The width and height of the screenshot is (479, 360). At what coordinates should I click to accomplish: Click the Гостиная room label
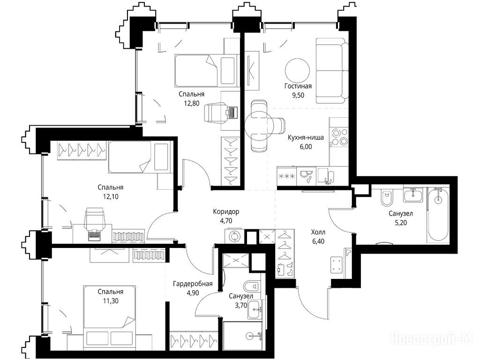pyautogui.click(x=298, y=86)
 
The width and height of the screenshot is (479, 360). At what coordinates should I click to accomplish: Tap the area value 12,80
pyautogui.click(x=192, y=103)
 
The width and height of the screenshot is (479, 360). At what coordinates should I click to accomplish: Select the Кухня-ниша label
pyautogui.click(x=306, y=137)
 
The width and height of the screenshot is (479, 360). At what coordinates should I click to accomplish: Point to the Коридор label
pyautogui.click(x=226, y=211)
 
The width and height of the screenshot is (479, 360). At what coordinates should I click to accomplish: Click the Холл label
pyautogui.click(x=318, y=232)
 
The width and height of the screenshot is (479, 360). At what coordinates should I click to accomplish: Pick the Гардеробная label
pyautogui.click(x=193, y=284)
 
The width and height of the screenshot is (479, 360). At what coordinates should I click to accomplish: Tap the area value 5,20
pyautogui.click(x=401, y=223)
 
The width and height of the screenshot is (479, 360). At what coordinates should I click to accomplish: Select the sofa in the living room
pyautogui.click(x=332, y=71)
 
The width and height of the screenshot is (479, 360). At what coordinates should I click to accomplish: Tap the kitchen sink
pyautogui.click(x=326, y=176)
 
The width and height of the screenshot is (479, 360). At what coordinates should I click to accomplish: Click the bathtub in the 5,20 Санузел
pyautogui.click(x=438, y=215)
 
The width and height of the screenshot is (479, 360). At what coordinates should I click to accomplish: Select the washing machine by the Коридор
pyautogui.click(x=234, y=237)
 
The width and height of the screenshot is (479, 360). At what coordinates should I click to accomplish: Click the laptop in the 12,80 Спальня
pyautogui.click(x=231, y=112)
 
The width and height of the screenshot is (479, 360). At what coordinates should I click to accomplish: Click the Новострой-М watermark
pyautogui.click(x=432, y=338)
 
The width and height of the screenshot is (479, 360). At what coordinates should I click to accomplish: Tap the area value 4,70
pyautogui.click(x=226, y=221)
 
